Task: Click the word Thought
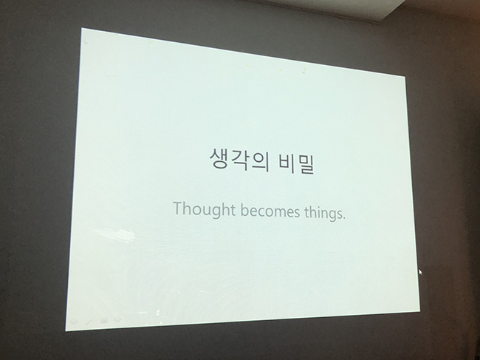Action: click(204, 210)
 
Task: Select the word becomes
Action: click(270, 211)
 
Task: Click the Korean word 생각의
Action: click(239, 160)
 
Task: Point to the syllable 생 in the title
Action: click(220, 157)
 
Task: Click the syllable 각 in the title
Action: click(239, 160)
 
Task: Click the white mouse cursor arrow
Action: click(420, 272)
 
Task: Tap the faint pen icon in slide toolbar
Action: click(89, 322)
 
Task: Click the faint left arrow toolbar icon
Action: click(74, 322)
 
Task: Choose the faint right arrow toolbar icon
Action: click(118, 320)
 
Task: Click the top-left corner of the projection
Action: click(81, 28)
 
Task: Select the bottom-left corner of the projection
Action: click(66, 331)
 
